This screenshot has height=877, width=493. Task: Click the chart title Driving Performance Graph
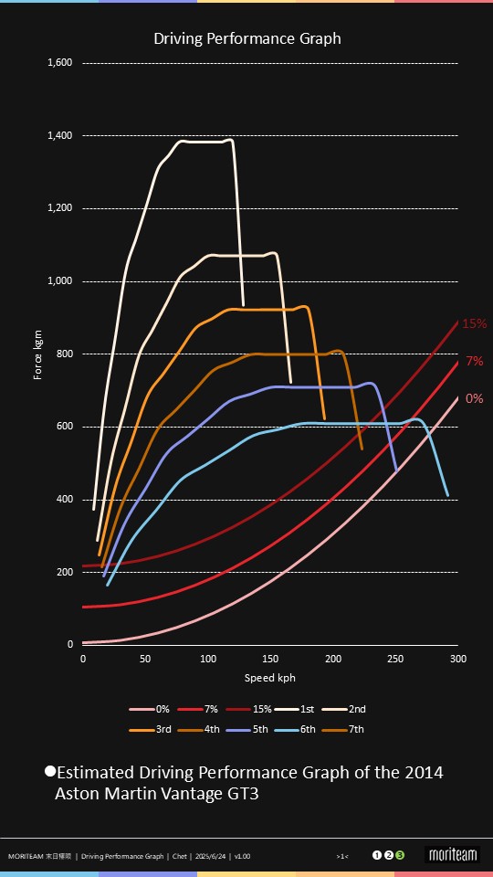tap(246, 38)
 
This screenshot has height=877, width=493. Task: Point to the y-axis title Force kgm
tap(38, 354)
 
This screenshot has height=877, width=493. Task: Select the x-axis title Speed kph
tap(269, 678)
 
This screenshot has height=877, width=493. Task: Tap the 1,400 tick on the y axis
tap(60, 135)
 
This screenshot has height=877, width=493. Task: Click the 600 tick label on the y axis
tap(65, 427)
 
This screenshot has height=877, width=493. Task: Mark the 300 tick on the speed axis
tap(458, 658)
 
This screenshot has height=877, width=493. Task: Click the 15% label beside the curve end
tap(474, 323)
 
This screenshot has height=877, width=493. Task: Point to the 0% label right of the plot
tap(474, 398)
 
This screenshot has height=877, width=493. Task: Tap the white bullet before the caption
tap(50, 771)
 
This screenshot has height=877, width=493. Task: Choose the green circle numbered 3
tap(400, 855)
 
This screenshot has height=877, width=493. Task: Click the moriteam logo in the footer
tap(453, 855)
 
